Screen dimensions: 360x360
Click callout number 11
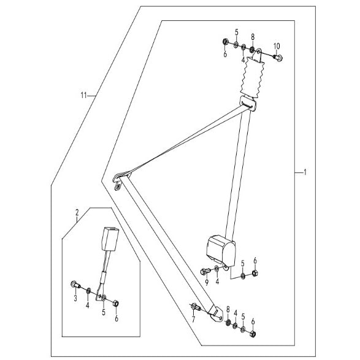point(83,95)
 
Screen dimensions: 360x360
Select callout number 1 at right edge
point(305,172)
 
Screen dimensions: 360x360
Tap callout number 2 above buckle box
point(77,212)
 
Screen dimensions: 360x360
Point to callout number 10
point(277,46)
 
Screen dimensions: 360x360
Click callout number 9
point(207,283)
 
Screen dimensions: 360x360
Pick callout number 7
point(193,320)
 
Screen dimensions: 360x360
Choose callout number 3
point(75,298)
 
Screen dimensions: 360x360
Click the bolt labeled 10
point(278,58)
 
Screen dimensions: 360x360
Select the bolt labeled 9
point(205,271)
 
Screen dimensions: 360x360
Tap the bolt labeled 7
point(196,307)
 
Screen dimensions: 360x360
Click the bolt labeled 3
point(75,285)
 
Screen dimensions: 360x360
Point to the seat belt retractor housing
point(221,251)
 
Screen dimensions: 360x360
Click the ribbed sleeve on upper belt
point(252,77)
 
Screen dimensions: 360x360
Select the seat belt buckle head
point(110,239)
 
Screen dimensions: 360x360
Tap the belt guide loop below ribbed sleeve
point(248,103)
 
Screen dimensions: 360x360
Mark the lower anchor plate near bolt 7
point(216,315)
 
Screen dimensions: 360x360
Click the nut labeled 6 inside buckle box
point(116,304)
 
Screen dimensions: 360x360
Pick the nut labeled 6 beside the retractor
point(255,273)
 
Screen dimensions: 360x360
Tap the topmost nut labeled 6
point(225,42)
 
